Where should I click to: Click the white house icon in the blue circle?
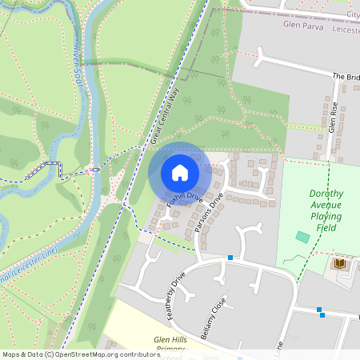pos(179,173)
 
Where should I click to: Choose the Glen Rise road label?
pos(334,118)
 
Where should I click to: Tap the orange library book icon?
pos(340,263)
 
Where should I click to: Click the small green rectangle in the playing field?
pos(302,237)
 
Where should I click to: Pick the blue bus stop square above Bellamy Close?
pos(230,258)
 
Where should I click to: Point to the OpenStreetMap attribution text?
pos(70,354)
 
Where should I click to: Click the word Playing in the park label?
pos(326,217)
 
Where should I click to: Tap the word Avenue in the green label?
pos(326,206)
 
